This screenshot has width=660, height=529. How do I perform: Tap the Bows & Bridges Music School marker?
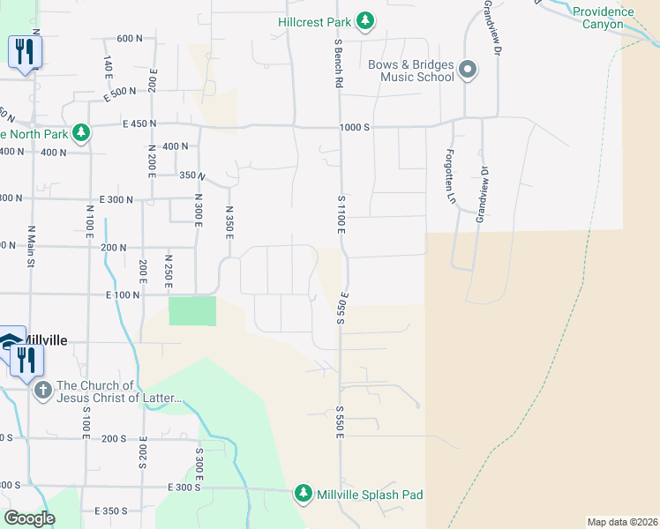tap(468, 70)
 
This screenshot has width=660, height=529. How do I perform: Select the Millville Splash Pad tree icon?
tap(304, 494)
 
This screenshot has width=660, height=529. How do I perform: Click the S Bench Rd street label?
tap(338, 63)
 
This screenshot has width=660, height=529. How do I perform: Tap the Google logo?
tap(29, 518)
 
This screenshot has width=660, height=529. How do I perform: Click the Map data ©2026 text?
tap(622, 522)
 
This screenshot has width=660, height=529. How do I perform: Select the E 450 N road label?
tap(139, 124)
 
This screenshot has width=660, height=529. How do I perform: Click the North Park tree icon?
tap(81, 133)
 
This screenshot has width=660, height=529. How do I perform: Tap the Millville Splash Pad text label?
tap(370, 495)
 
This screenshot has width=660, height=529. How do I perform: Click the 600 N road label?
tap(130, 38)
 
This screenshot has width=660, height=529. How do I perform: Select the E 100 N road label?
tap(123, 294)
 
